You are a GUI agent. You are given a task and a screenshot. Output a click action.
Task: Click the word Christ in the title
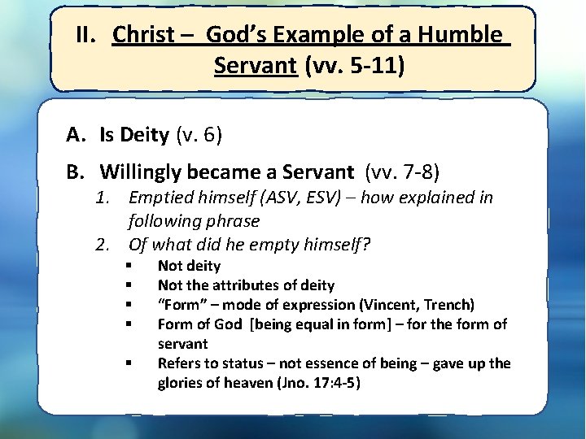(x=142, y=35)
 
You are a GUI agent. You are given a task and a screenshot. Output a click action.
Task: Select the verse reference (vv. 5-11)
(x=354, y=64)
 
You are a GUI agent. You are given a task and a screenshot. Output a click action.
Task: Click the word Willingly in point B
(x=140, y=172)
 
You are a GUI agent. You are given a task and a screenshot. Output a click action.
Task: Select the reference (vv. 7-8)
(x=403, y=172)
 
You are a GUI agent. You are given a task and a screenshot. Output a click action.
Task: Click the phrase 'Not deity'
(x=189, y=266)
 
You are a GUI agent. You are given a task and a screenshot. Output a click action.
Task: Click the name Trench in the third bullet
(x=454, y=305)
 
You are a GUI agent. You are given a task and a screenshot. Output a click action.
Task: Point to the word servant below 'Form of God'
(x=182, y=344)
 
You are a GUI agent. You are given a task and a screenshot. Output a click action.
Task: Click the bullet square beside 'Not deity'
(x=129, y=266)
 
